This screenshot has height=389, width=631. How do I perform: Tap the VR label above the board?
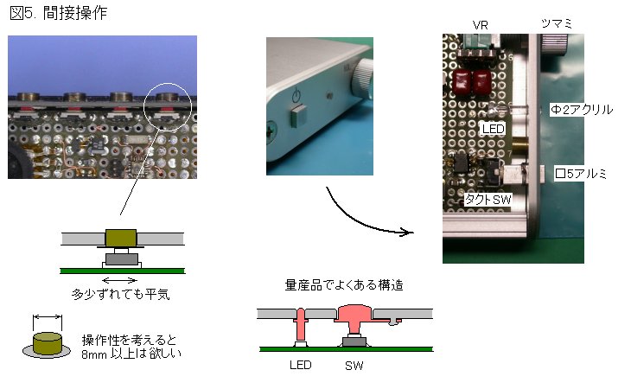(481, 25)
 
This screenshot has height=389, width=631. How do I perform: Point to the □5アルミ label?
(581, 174)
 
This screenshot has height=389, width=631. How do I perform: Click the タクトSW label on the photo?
(488, 199)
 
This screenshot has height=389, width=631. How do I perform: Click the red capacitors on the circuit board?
(470, 82)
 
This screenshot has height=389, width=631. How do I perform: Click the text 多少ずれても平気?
(120, 294)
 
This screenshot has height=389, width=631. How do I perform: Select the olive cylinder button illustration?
(47, 344)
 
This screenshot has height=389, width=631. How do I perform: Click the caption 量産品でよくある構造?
(343, 284)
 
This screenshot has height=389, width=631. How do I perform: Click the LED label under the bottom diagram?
(299, 366)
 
